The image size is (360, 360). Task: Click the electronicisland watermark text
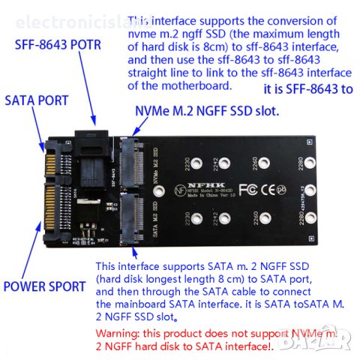tap(67, 22)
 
